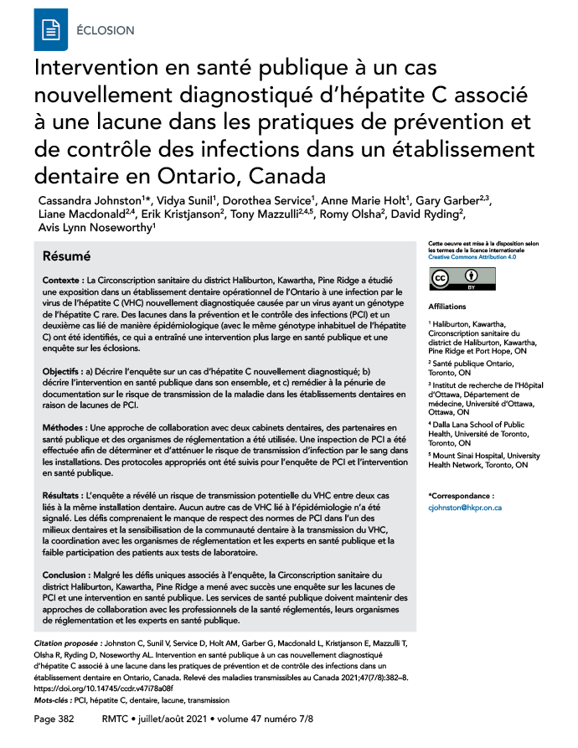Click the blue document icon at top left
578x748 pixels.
point(52,29)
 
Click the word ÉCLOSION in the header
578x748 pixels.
point(105,30)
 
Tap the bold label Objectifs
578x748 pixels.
point(66,370)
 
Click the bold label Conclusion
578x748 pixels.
point(69,575)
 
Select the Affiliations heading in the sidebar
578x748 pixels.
point(446,307)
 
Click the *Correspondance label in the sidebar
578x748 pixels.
point(462,496)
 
